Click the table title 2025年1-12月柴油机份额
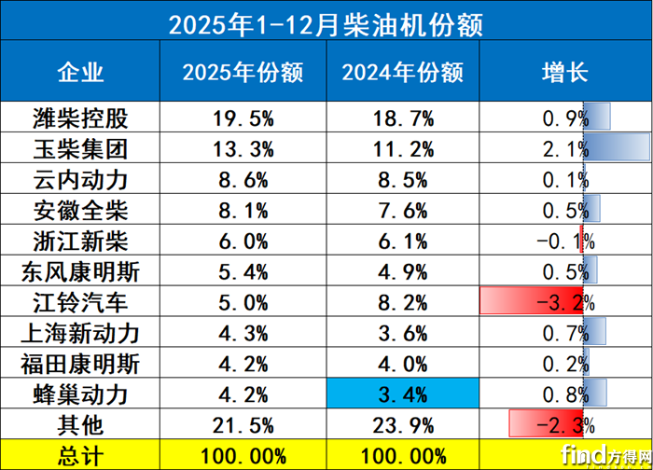[326, 21]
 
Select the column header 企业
[81, 71]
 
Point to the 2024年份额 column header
[403, 71]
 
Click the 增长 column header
[564, 71]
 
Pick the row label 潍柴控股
[81, 117]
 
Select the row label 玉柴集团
[81, 148]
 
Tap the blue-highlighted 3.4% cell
[403, 394]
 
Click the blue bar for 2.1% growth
[616, 148]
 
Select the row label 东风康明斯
[81, 271]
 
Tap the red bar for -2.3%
[546, 424]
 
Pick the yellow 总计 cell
[81, 454]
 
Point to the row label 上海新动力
[81, 333]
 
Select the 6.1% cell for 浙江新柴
[403, 241]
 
